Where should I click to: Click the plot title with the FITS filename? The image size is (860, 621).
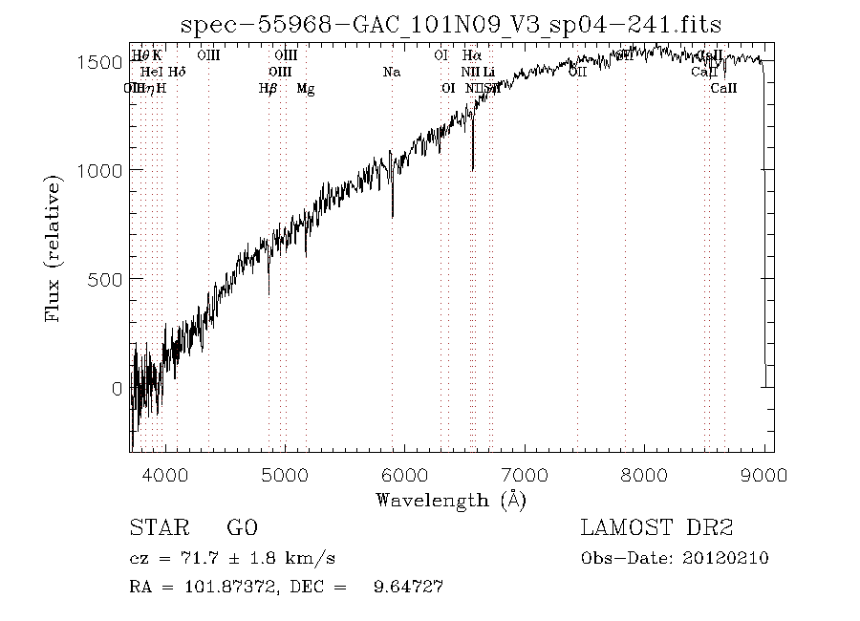[x=451, y=23]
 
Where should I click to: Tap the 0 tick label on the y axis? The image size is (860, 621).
[x=118, y=388]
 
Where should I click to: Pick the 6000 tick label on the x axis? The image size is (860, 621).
[x=405, y=474]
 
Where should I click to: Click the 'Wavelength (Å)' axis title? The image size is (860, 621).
[x=451, y=500]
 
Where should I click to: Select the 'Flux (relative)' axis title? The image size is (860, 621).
[x=54, y=248]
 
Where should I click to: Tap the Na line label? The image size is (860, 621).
[x=391, y=72]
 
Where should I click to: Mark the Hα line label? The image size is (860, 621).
[x=472, y=55]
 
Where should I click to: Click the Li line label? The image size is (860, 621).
[x=488, y=72]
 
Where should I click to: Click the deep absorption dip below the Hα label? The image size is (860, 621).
[x=472, y=168]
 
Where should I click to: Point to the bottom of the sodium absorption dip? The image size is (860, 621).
[x=392, y=216]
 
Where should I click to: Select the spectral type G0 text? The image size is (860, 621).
[x=242, y=528]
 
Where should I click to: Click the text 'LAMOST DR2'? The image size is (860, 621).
[x=656, y=528]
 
